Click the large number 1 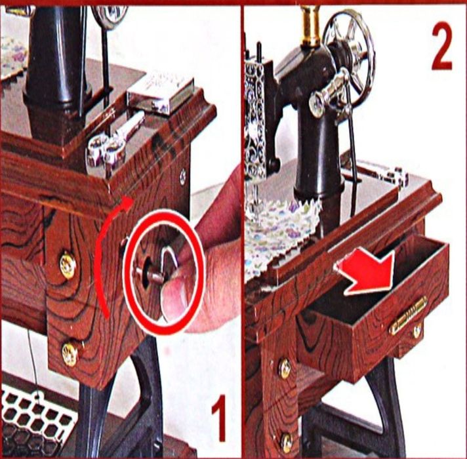point(220,418)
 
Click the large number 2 point(442,45)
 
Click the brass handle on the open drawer point(408,315)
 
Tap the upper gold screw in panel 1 point(68,265)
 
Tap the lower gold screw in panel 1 point(70,353)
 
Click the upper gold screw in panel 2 point(285,369)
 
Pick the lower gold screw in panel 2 point(287,443)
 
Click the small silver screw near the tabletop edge point(182,176)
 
